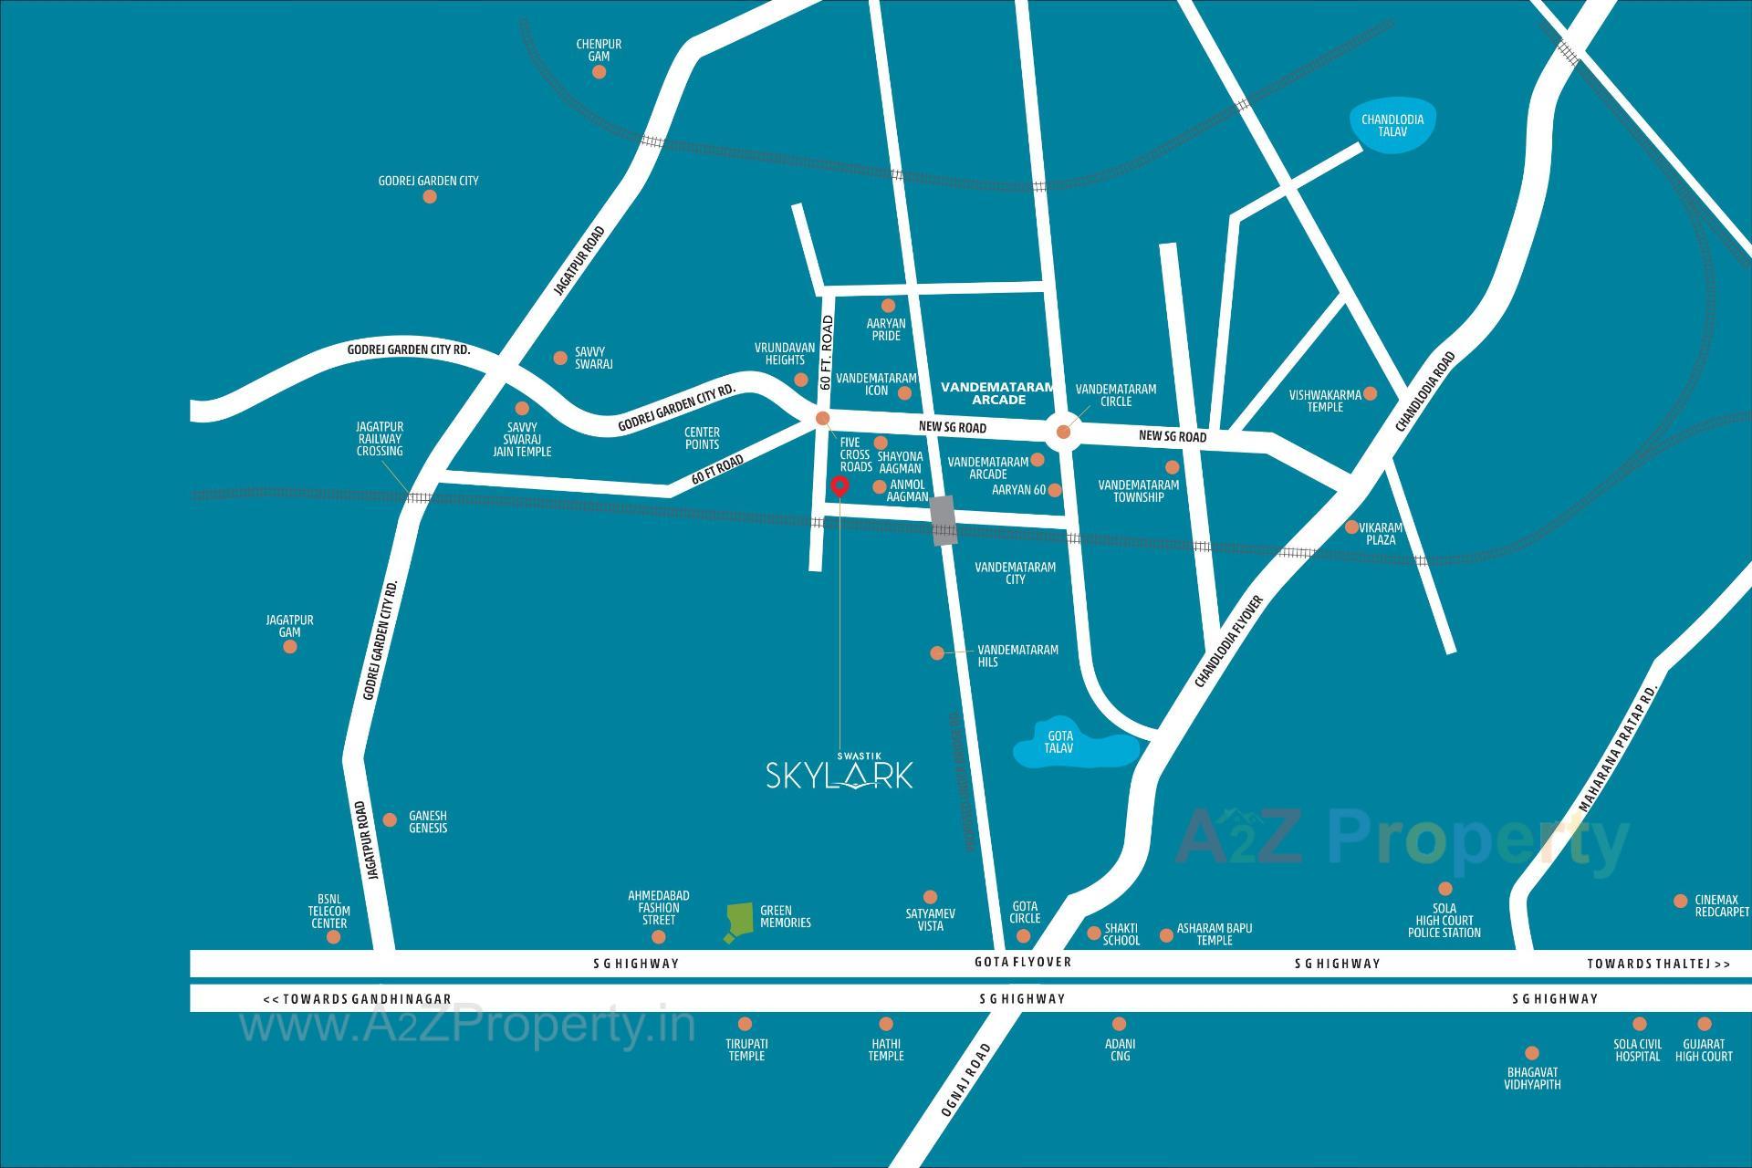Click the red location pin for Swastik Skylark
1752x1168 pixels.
(839, 486)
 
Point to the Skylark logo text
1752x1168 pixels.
(839, 774)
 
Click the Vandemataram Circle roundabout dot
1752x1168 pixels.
(1063, 432)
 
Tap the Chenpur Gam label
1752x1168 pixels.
(599, 50)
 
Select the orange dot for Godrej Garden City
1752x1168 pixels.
(430, 196)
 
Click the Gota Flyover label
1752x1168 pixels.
(1022, 962)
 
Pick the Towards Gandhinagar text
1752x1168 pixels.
(358, 999)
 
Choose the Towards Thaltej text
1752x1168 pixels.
(1658, 964)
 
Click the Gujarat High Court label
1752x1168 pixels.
(1703, 1050)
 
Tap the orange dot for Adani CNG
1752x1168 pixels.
(1119, 1024)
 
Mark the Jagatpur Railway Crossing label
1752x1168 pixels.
(380, 439)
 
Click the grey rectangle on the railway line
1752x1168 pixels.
(944, 520)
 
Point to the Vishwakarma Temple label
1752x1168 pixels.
(1325, 401)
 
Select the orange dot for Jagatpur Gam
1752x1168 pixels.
(290, 647)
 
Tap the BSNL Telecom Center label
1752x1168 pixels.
(328, 911)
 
